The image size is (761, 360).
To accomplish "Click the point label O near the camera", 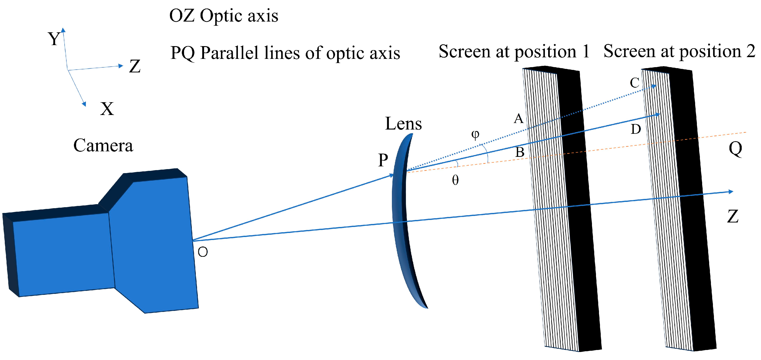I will point(203,252).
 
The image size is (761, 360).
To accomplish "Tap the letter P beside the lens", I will point(383,160).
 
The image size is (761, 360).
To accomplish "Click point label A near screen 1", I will point(518,118).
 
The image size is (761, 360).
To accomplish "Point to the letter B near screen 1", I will point(520,152).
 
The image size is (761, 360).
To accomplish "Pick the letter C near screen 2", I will point(635,83).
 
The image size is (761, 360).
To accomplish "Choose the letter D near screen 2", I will point(636,129).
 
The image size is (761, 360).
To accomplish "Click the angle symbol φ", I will point(475,135).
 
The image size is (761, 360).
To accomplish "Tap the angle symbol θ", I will point(455,180).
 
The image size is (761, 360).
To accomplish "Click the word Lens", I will point(403,124).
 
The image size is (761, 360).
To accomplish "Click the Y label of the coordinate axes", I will point(54,39).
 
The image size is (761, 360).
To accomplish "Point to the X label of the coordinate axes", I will point(107,109).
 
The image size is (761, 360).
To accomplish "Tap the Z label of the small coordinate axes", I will point(135,66).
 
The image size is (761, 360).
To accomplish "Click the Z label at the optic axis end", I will point(733,216).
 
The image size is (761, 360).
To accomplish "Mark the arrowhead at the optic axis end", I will point(731,192).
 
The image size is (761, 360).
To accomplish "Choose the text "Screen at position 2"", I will point(679,51).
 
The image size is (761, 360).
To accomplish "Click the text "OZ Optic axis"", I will point(224,16).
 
